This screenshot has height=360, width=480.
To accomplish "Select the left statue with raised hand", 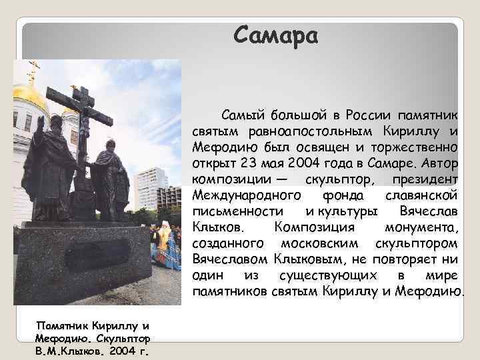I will (49, 167).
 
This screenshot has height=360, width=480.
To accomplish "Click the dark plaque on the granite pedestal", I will (97, 254).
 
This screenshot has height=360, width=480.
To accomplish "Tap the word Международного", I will (246, 195).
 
